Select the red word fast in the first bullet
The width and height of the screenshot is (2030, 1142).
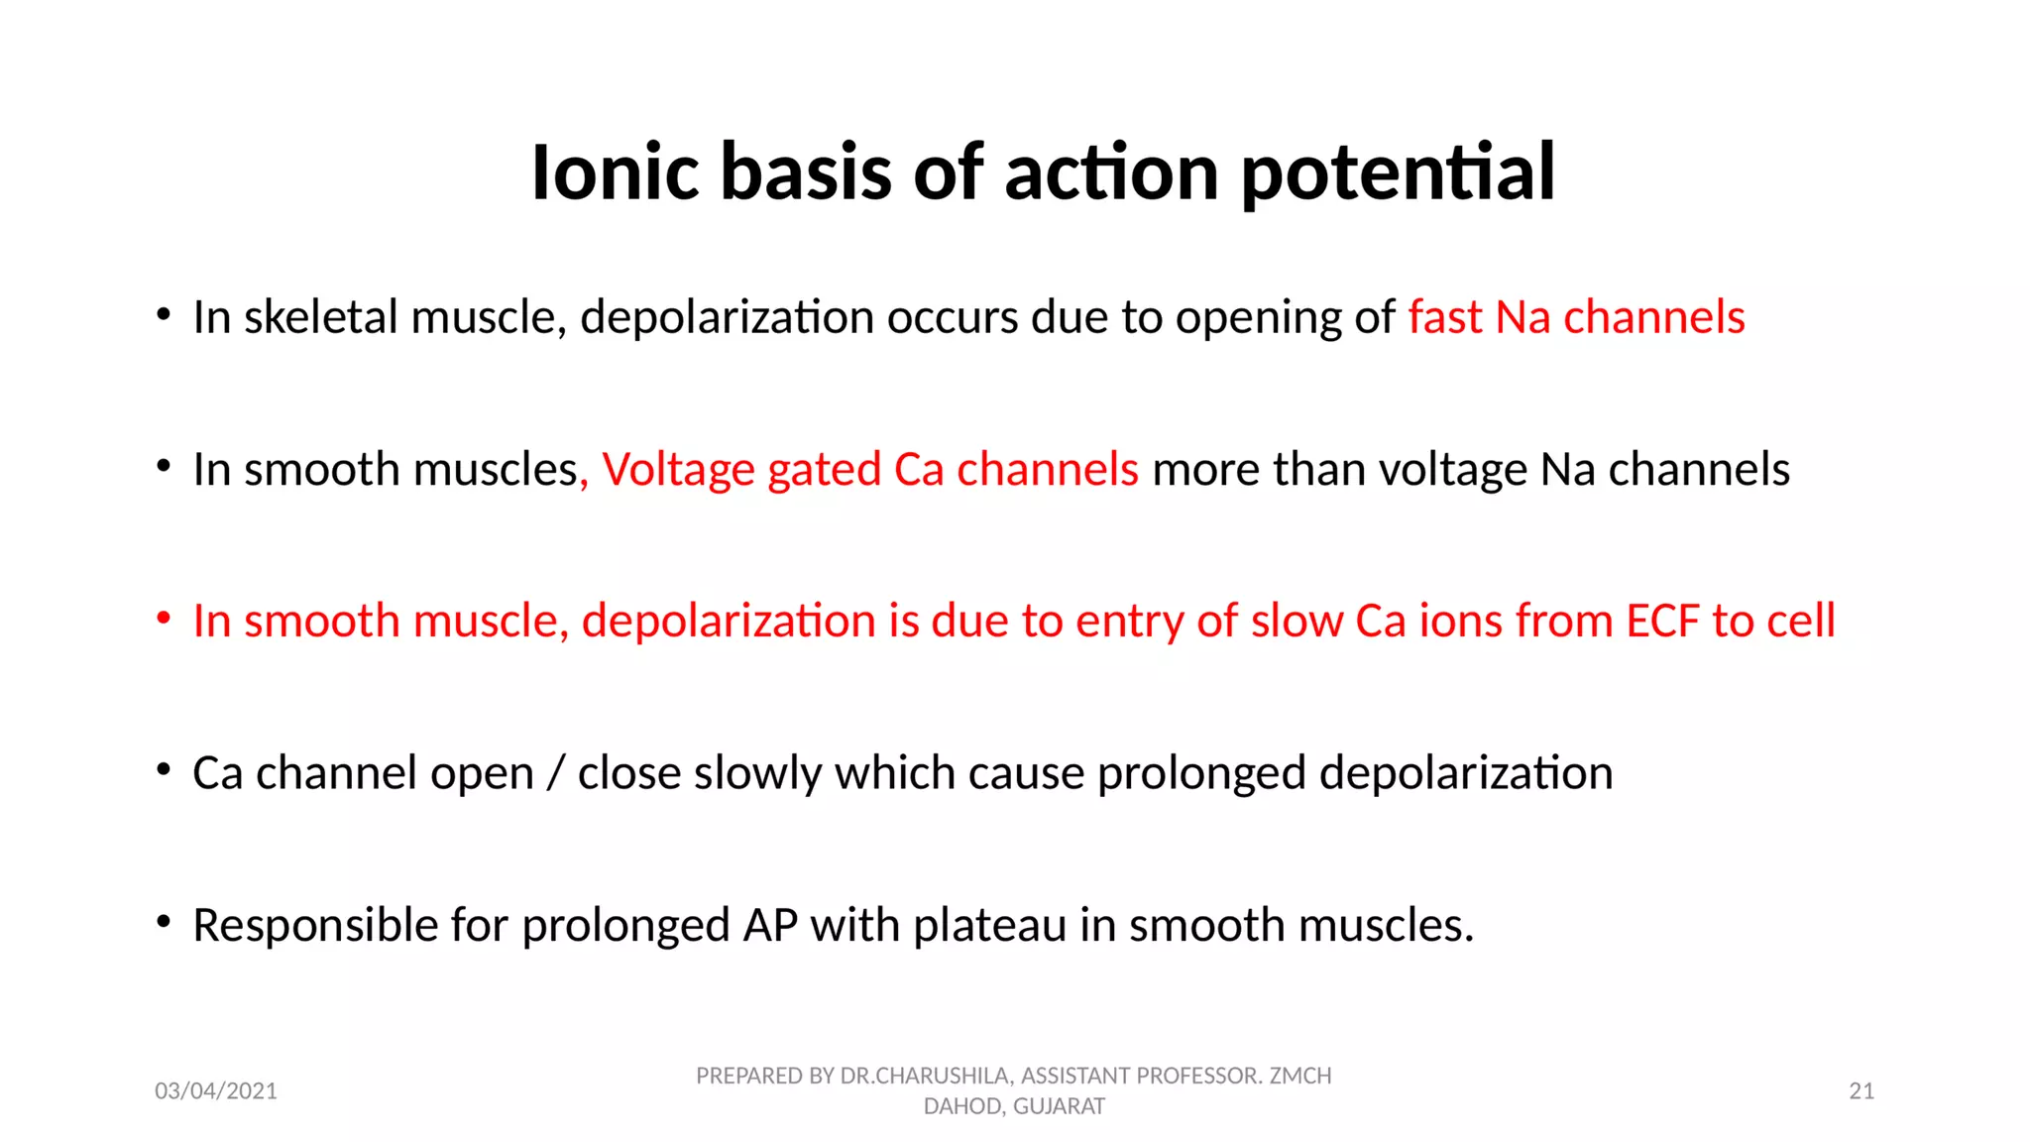[x=1445, y=318]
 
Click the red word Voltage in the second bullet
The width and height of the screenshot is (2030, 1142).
[x=677, y=470]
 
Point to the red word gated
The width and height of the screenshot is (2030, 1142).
[x=824, y=470]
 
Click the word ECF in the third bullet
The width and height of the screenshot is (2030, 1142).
[x=1662, y=622]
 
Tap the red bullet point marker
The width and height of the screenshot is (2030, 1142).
[x=164, y=619]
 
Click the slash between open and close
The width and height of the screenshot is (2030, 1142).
[x=555, y=773]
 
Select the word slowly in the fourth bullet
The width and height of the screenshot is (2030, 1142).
[x=757, y=773]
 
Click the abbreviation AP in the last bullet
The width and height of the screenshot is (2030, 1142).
[x=770, y=925]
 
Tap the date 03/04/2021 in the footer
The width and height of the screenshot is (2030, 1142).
[x=216, y=1091]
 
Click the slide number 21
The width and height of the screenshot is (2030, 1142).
[x=1861, y=1091]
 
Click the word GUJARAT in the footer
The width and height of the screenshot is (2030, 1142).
[x=1059, y=1106]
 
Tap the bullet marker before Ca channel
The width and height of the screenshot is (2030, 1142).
[x=164, y=770]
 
